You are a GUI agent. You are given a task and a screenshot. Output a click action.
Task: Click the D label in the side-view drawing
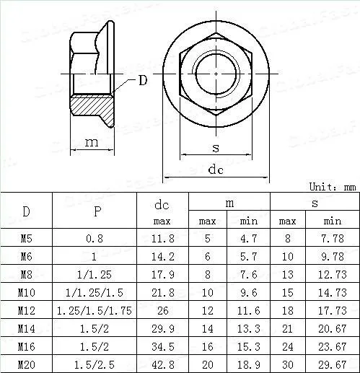(142, 80)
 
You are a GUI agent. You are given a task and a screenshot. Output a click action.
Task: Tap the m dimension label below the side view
(92, 142)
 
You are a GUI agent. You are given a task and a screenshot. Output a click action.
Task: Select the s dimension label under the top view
(216, 148)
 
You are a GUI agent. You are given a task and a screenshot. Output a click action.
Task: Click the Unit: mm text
(332, 186)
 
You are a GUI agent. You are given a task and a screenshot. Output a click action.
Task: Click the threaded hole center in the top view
(216, 73)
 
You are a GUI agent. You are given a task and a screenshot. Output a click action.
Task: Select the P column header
(97, 211)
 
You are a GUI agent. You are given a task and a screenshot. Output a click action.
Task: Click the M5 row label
(27, 238)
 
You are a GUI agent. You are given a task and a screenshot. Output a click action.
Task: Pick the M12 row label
(27, 310)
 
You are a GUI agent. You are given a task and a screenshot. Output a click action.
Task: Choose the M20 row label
(27, 364)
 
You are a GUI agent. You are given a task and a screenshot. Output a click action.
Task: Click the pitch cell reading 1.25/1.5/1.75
(97, 310)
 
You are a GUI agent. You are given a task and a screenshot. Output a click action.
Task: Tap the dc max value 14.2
(162, 256)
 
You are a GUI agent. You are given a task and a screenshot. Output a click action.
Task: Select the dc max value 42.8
(162, 364)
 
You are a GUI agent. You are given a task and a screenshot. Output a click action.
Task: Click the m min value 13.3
(249, 328)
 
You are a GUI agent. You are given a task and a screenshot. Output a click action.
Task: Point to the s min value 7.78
(332, 238)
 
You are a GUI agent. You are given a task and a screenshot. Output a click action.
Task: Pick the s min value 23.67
(332, 346)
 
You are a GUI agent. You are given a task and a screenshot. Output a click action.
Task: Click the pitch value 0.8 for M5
(97, 238)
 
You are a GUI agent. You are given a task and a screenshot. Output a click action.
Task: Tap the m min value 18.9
(249, 364)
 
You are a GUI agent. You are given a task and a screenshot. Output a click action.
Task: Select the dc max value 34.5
(162, 346)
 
